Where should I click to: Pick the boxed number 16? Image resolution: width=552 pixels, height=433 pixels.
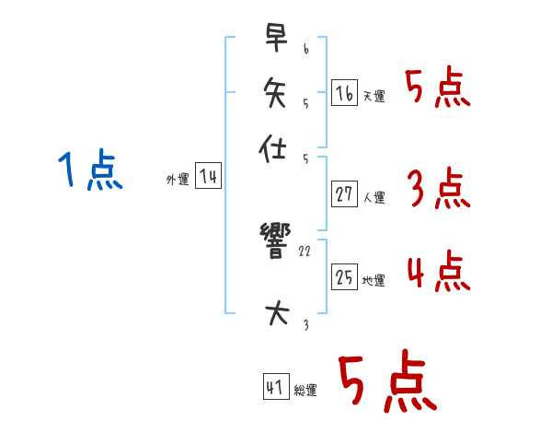[344, 93]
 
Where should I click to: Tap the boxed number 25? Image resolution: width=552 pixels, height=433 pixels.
[344, 277]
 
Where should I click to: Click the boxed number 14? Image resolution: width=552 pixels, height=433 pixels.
[209, 177]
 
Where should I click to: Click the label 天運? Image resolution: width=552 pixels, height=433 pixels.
[374, 96]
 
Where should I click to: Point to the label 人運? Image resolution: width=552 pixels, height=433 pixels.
[374, 196]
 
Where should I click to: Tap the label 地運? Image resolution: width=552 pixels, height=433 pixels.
[374, 280]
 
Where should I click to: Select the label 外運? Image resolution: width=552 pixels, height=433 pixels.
[178, 181]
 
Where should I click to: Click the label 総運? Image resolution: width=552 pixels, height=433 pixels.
[305, 391]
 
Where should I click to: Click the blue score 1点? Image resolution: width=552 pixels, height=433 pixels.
[90, 171]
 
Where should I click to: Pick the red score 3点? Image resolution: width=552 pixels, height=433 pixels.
[438, 189]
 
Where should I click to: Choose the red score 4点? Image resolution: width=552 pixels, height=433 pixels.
[438, 273]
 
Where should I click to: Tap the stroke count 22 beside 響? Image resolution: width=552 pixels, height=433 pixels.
[305, 252]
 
